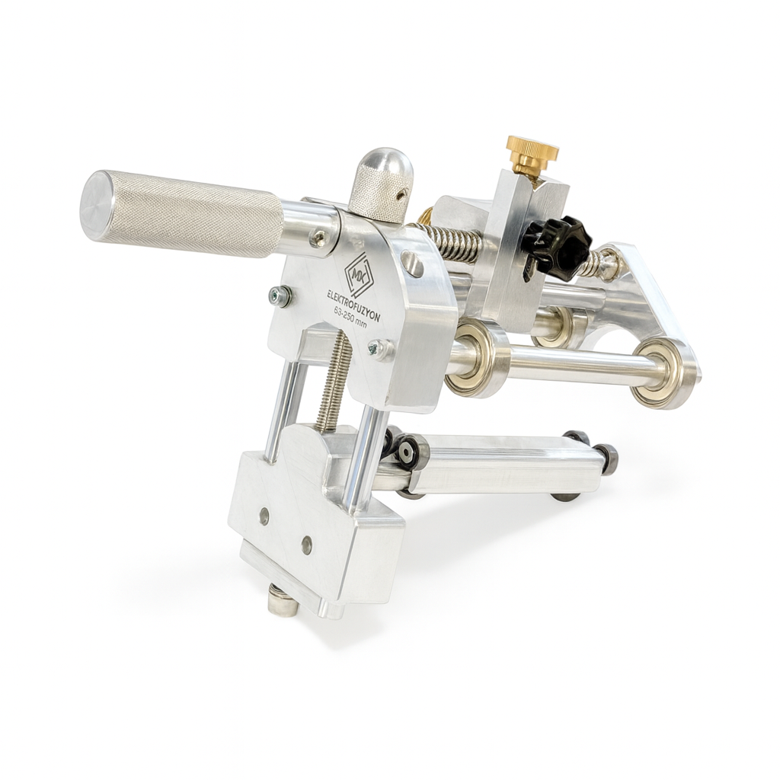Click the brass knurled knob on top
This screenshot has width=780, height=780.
[532, 152]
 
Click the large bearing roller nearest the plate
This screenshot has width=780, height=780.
[476, 358]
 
